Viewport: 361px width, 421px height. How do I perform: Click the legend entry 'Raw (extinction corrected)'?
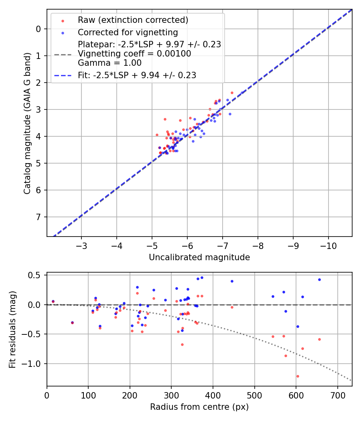(x=133, y=20)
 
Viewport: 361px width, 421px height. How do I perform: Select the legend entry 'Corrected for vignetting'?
(x=128, y=32)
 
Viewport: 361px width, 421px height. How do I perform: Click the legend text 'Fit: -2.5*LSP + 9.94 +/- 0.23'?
(x=137, y=75)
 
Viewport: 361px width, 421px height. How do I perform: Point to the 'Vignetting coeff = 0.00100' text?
(x=134, y=54)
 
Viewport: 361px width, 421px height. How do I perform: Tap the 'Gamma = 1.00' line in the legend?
(x=110, y=63)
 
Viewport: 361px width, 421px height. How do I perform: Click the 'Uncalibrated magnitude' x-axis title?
(x=199, y=257)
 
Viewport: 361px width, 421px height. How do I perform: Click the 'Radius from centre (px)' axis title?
(x=199, y=407)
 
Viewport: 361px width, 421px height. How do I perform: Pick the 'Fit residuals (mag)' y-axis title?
(x=12, y=329)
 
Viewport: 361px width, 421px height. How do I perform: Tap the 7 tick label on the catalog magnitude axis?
(x=39, y=217)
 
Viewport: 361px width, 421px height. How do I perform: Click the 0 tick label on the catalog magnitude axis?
(x=39, y=29)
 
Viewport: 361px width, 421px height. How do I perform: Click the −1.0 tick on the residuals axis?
(x=35, y=364)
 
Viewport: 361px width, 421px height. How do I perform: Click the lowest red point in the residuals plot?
(x=298, y=376)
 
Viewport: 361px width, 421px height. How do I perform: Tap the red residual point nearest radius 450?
(x=232, y=307)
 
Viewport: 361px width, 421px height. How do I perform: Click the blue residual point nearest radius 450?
(x=232, y=281)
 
